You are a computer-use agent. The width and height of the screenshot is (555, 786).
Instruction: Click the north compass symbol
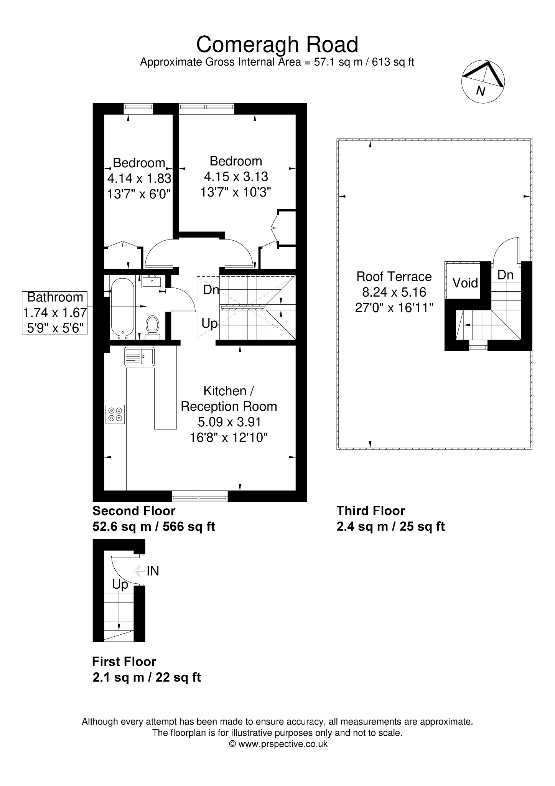(483, 81)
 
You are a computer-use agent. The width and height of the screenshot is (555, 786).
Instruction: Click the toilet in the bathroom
(153, 326)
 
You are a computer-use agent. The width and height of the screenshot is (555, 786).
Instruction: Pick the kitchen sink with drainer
(139, 356)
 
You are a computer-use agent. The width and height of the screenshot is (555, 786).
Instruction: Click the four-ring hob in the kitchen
(115, 414)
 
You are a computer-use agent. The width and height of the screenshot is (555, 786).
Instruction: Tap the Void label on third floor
(465, 283)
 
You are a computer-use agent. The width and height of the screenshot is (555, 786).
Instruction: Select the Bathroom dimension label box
(55, 312)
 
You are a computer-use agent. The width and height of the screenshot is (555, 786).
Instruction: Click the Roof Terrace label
(394, 276)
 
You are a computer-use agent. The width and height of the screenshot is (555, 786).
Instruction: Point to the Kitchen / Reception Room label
(229, 398)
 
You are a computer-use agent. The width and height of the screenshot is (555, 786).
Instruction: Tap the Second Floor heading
(134, 511)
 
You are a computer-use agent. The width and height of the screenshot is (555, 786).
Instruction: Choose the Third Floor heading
(371, 511)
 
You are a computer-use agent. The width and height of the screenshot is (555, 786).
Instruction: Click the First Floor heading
(124, 662)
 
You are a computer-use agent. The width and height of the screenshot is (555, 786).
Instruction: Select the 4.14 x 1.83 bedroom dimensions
(139, 178)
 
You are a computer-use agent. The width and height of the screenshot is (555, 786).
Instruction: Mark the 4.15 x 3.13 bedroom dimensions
(236, 177)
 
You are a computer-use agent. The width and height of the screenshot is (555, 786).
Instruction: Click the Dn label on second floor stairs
(211, 290)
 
